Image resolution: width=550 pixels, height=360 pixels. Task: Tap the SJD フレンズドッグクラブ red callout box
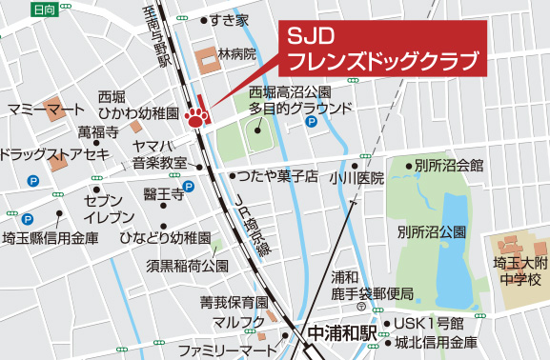(x=382, y=47)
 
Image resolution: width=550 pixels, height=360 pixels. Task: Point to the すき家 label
(x=230, y=19)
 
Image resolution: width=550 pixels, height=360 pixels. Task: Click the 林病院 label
(x=237, y=54)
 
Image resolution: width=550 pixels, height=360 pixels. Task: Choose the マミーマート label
(x=46, y=110)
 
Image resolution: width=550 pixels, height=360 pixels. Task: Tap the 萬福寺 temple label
(x=98, y=131)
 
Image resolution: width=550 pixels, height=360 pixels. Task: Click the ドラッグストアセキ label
(x=55, y=154)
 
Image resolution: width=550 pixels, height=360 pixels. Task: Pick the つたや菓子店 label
(x=277, y=176)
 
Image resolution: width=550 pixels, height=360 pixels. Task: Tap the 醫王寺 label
(x=163, y=194)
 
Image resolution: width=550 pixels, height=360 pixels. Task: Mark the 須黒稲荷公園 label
(x=188, y=265)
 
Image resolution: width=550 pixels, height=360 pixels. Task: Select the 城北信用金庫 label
(x=438, y=342)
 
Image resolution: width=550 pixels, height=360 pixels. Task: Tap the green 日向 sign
(x=43, y=9)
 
